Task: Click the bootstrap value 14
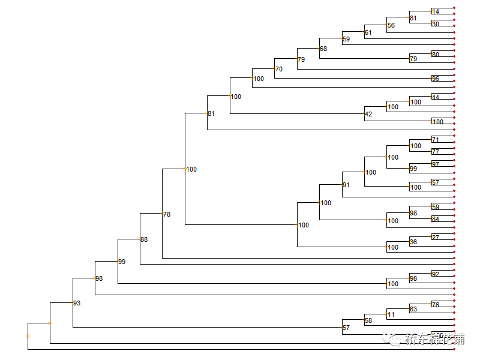pyautogui.click(x=436, y=11)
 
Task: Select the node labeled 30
pyautogui.click(x=436, y=24)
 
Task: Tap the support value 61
pyautogui.click(x=368, y=32)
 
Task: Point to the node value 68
pyautogui.click(x=323, y=49)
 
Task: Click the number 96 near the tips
pyautogui.click(x=436, y=79)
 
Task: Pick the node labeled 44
pyautogui.click(x=436, y=97)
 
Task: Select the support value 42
pyautogui.click(x=368, y=113)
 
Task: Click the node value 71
pyautogui.click(x=436, y=140)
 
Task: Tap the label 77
pyautogui.click(x=436, y=152)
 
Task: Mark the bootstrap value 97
pyautogui.click(x=436, y=164)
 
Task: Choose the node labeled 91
pyautogui.click(x=346, y=185)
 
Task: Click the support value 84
pyautogui.click(x=436, y=219)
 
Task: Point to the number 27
pyautogui.click(x=436, y=238)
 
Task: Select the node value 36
pyautogui.click(x=413, y=242)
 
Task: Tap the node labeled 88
pyautogui.click(x=143, y=239)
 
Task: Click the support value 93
pyautogui.click(x=76, y=303)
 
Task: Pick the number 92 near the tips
pyautogui.click(x=436, y=274)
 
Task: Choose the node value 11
pyautogui.click(x=391, y=314)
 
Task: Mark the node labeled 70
pyautogui.click(x=278, y=69)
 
